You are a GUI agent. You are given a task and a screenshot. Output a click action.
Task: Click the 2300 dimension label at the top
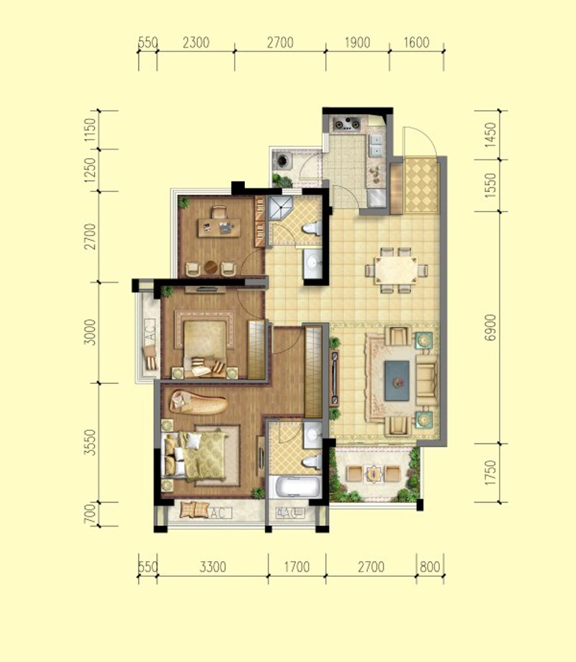pyautogui.click(x=196, y=43)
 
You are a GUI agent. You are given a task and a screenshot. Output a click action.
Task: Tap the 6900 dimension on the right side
pyautogui.click(x=490, y=327)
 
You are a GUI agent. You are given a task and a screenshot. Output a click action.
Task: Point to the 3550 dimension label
pyautogui.click(x=90, y=443)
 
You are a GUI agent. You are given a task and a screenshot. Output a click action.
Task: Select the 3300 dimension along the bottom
pyautogui.click(x=213, y=566)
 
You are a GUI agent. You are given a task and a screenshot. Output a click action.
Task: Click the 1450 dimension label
pyautogui.click(x=490, y=135)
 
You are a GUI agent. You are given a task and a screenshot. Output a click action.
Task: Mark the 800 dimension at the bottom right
pyautogui.click(x=430, y=566)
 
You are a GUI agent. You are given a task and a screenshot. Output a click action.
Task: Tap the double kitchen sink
pyautogui.click(x=375, y=145)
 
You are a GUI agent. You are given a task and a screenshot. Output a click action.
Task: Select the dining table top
pyautogui.click(x=396, y=270)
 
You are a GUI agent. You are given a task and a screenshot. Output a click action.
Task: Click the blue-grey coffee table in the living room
pyautogui.click(x=397, y=380)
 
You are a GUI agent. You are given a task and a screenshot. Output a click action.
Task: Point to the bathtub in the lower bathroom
pyautogui.click(x=296, y=486)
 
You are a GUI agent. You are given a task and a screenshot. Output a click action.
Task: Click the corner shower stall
pyautogui.click(x=280, y=207)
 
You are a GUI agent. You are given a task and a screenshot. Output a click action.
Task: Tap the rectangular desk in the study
pyautogui.click(x=219, y=227)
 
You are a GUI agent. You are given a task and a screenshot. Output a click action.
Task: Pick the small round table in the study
pyautogui.click(x=210, y=267)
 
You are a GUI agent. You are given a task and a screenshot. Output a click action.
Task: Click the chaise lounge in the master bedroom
pyautogui.click(x=199, y=402)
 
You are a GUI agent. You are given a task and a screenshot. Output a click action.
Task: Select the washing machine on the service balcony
pyautogui.click(x=282, y=160)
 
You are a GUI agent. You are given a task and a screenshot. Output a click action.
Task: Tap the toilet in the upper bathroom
pyautogui.click(x=312, y=228)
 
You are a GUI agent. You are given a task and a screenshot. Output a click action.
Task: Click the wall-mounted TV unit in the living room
pyautogui.click(x=335, y=378)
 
